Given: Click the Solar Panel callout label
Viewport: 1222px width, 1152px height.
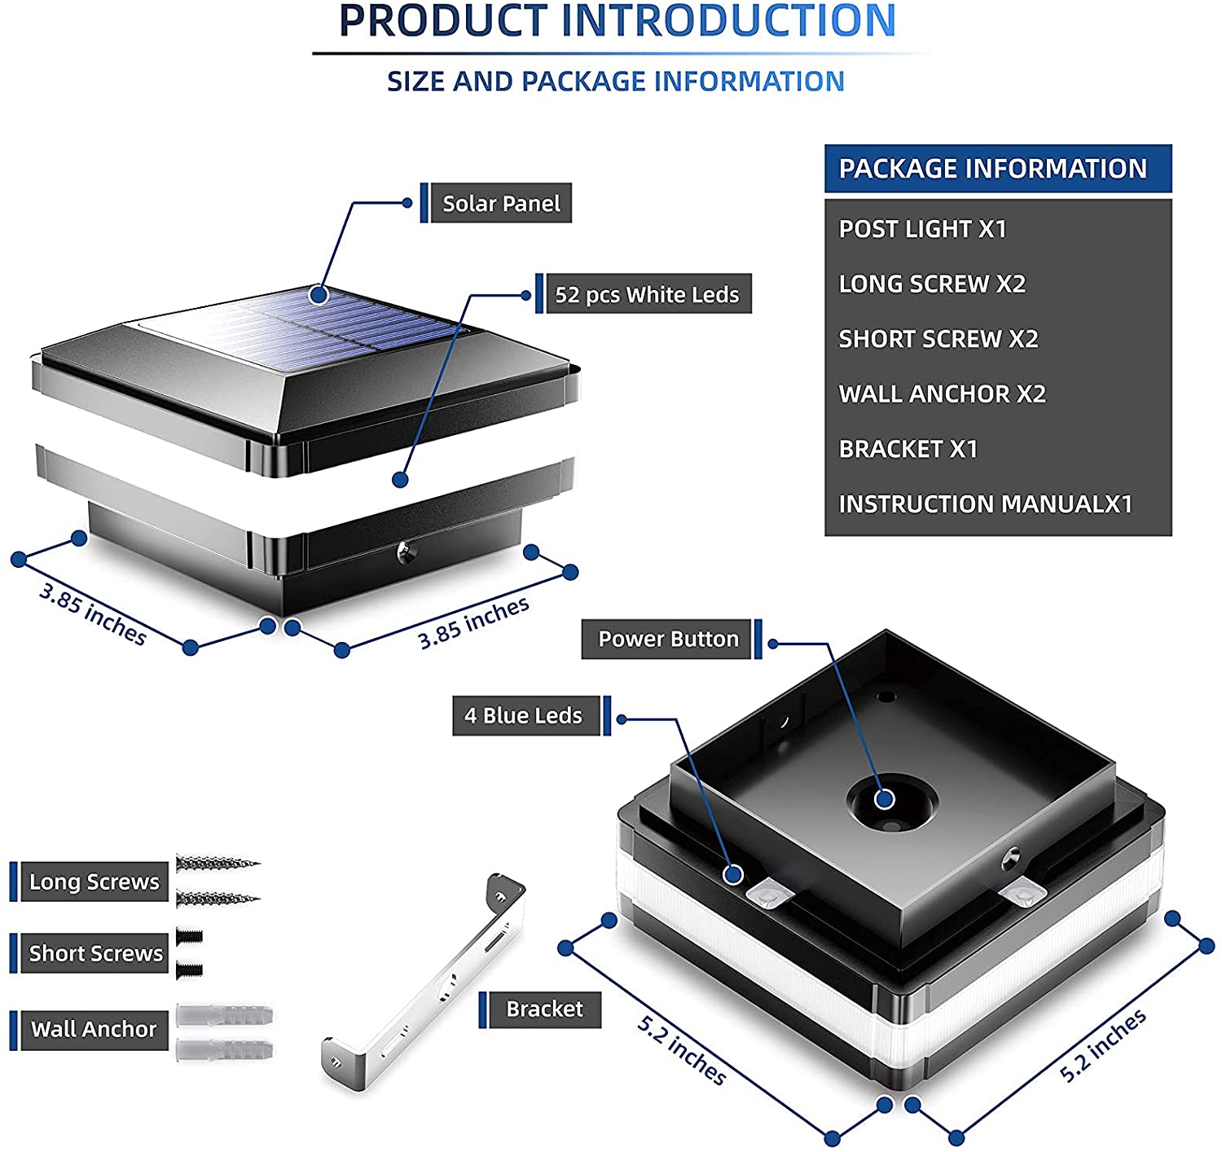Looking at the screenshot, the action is pos(501,203).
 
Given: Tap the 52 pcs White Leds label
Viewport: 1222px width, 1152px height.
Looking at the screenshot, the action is pos(648,293).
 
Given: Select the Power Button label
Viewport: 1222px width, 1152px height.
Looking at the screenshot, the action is pos(666,639).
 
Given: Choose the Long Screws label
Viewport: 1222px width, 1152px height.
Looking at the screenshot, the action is pos(95,882).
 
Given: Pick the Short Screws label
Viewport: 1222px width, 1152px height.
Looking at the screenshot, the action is pos(95,953).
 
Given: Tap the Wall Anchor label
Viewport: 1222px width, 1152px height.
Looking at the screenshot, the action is pos(95,1028).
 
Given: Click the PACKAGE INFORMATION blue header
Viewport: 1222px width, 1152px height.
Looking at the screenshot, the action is pos(998,169).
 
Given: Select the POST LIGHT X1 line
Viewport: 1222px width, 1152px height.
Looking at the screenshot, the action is pos(923,229).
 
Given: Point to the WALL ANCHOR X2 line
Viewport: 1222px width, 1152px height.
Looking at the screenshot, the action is pos(942,394).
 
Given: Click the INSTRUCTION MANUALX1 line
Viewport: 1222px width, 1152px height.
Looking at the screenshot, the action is pos(986,504).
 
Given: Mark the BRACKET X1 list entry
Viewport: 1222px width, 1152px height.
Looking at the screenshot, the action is pos(908,449).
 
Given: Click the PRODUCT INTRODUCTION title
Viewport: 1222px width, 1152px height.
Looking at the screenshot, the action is pos(618,20).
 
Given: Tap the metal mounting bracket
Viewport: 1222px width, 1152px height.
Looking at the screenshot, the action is pos(424,983).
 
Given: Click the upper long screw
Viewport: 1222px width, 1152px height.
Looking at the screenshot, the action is pos(218,864).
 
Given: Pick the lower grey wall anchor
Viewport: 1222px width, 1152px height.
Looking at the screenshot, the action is pos(225,1050).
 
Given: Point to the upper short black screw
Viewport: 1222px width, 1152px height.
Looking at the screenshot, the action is pos(190,937).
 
